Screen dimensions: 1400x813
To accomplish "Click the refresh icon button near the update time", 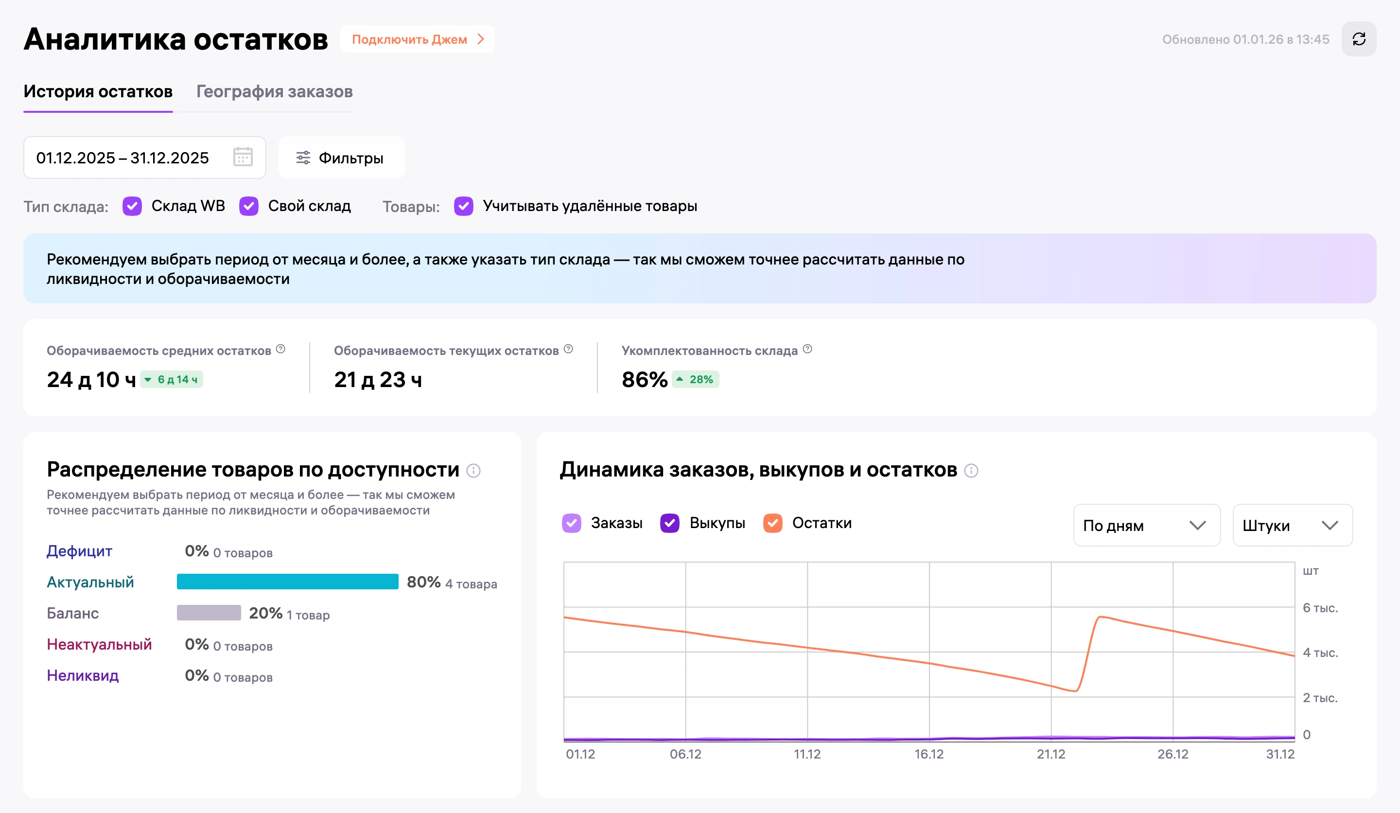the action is (1358, 39).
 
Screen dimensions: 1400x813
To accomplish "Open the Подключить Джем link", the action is (417, 39).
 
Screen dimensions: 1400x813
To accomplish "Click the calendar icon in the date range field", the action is (243, 157).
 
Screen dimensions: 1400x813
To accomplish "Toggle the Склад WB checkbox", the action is (132, 206).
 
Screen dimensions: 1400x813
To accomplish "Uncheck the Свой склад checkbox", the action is (249, 206).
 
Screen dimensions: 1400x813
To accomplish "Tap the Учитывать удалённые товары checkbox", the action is (464, 206).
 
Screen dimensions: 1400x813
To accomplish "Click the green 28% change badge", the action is (696, 380).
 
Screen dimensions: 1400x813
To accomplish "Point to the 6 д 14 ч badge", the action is (172, 380).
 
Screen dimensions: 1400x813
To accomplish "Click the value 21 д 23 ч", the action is (378, 380).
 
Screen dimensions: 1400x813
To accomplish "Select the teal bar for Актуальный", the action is (288, 581).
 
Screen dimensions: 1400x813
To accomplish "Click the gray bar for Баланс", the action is (209, 612).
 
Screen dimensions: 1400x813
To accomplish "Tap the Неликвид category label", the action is (83, 675).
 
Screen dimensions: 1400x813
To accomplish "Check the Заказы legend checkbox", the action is (572, 523).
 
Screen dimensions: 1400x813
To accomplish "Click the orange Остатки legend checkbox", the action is (773, 523).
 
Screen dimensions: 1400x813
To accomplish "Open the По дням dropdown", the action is (1147, 525).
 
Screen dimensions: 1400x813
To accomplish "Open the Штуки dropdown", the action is (1293, 525).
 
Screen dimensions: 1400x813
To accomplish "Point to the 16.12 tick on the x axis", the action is (929, 754).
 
